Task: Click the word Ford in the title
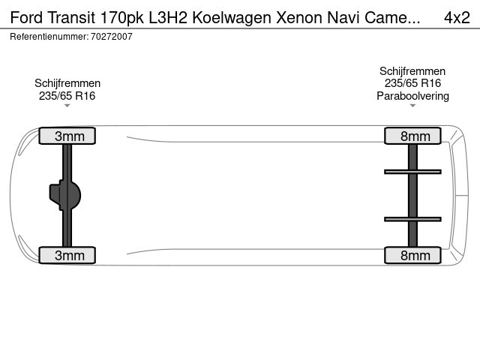(26, 17)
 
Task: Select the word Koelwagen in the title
(232, 18)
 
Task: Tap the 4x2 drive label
(457, 17)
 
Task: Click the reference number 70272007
(112, 37)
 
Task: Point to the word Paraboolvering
(412, 96)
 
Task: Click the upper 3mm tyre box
(67, 136)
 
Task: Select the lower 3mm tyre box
(67, 255)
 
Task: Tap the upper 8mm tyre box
(412, 136)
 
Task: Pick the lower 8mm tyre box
(412, 255)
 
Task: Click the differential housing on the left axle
(65, 195)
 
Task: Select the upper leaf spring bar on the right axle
(412, 172)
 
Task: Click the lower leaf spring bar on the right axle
(412, 219)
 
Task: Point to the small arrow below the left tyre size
(67, 106)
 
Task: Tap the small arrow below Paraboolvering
(412, 106)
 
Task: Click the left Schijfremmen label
(67, 83)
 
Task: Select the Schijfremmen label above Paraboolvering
(412, 71)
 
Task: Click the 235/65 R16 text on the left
(67, 96)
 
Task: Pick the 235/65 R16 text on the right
(412, 83)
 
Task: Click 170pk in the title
(121, 18)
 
